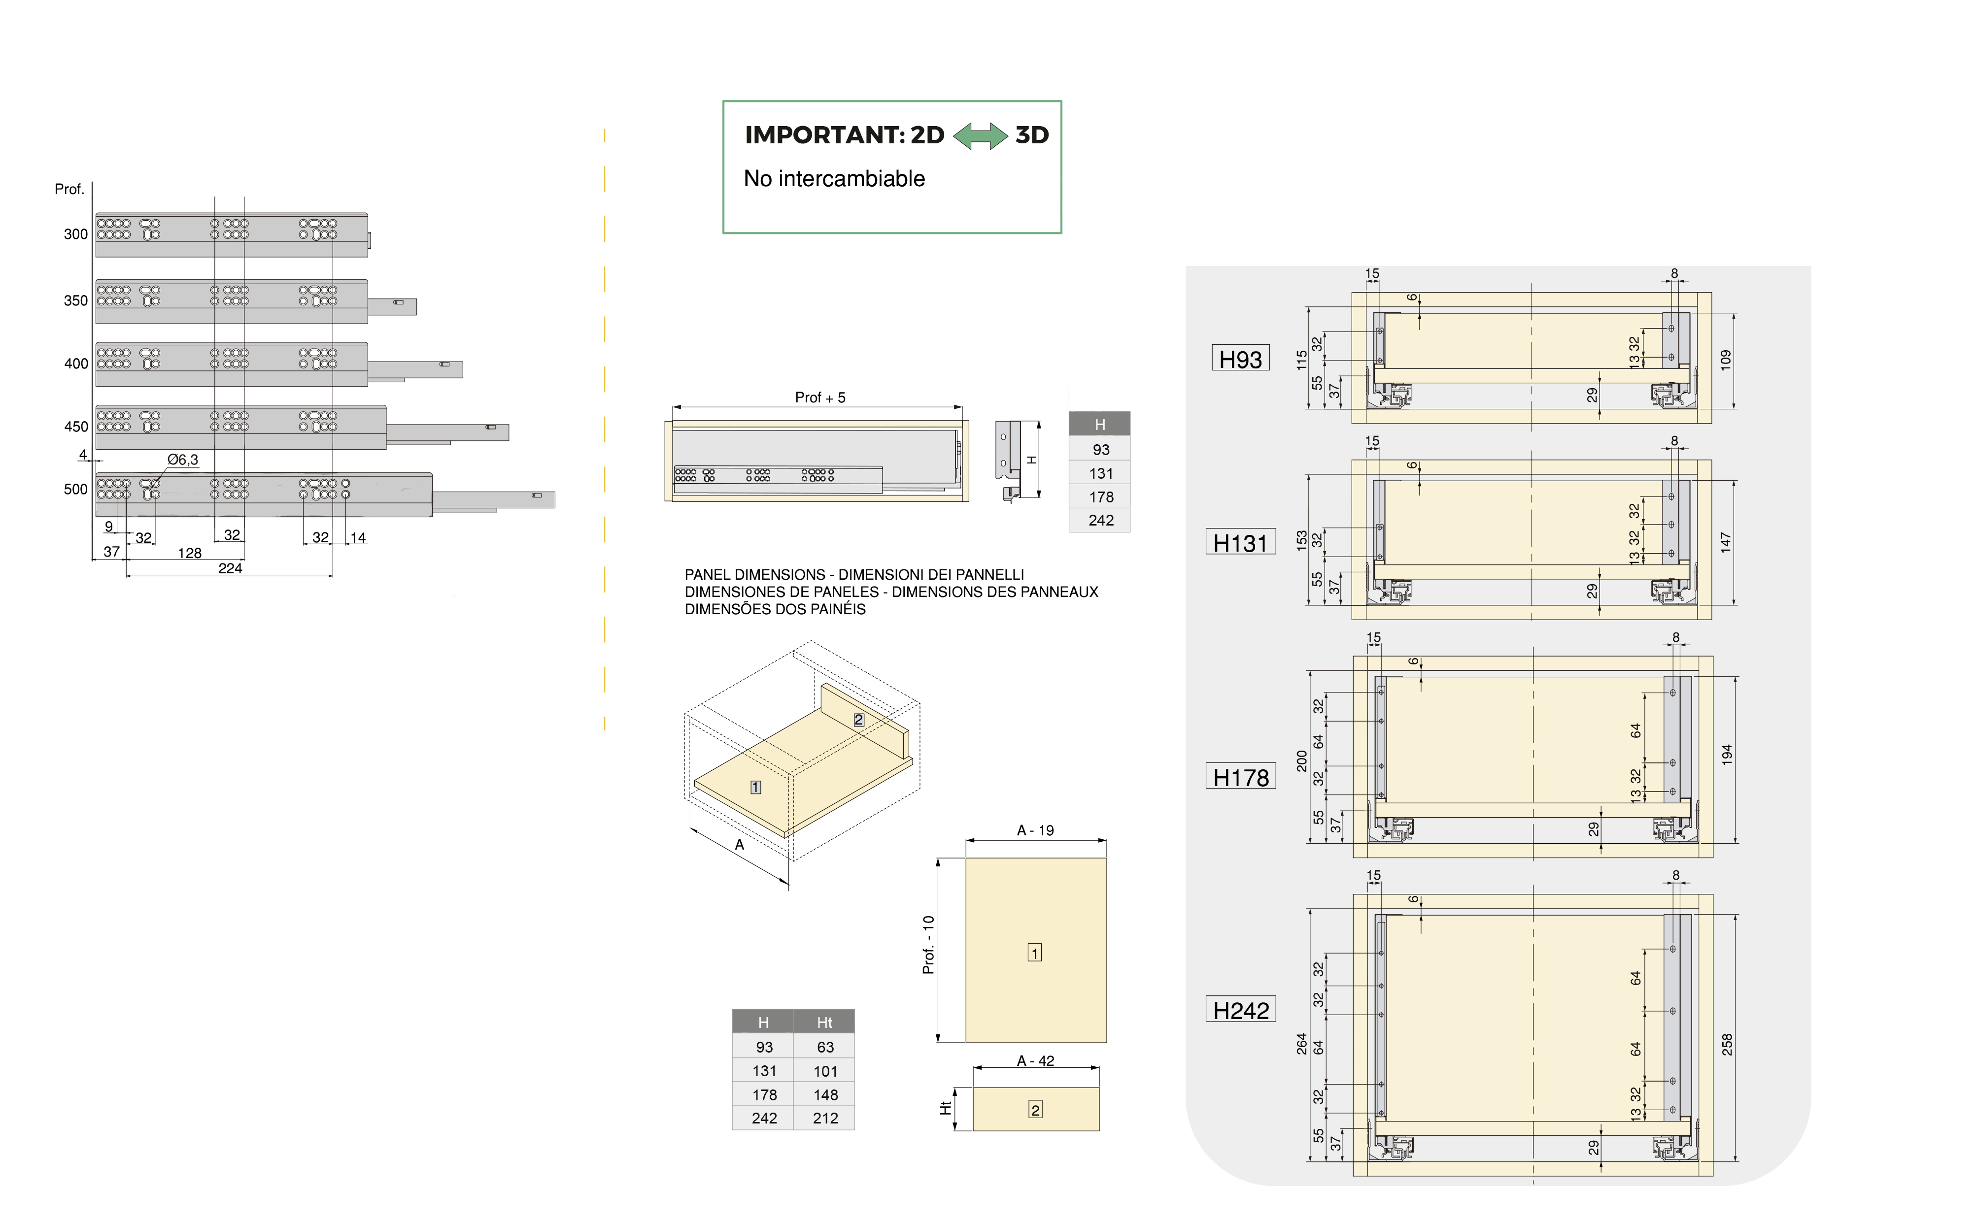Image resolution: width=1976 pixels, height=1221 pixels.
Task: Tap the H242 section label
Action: point(1240,1010)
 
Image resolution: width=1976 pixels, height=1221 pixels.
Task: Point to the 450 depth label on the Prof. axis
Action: point(76,427)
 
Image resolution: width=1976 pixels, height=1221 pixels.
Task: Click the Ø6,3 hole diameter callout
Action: point(183,460)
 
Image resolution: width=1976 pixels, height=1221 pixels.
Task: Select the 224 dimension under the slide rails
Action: point(230,568)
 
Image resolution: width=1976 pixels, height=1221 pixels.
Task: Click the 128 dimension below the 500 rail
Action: point(190,553)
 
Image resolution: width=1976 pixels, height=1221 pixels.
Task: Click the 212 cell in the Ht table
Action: point(825,1119)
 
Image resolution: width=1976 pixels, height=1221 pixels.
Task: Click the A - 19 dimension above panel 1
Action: point(1035,830)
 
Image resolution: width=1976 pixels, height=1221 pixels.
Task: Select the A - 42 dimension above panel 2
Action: point(1035,1061)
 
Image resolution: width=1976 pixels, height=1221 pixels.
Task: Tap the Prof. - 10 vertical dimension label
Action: point(928,945)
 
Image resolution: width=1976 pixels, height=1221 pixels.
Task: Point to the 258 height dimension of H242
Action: point(1726,1044)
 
